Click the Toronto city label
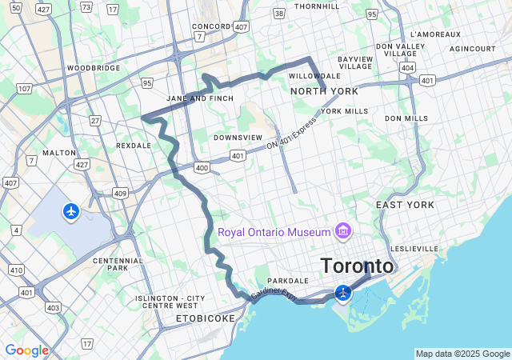tap(357, 266)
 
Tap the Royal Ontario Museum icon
tap(344, 232)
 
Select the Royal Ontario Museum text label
tap(274, 232)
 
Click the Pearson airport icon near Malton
tap(72, 211)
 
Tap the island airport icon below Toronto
tap(344, 293)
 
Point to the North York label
tap(324, 91)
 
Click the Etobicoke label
tap(206, 318)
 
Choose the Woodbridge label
tap(94, 69)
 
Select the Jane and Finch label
tap(199, 98)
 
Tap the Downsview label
tap(238, 138)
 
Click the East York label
tap(405, 205)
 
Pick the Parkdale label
tap(288, 281)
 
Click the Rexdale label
tap(133, 146)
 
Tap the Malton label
tap(59, 152)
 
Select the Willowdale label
tap(314, 76)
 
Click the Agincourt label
tap(472, 49)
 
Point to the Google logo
tap(26, 350)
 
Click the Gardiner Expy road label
tap(274, 294)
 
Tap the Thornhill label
tap(318, 6)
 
